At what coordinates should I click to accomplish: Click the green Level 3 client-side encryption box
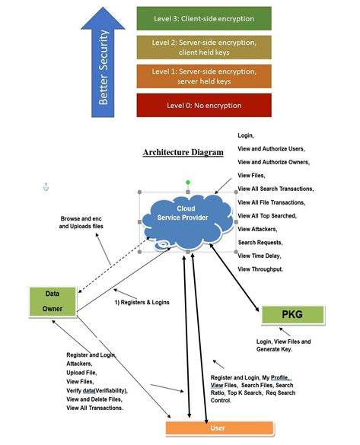click(204, 18)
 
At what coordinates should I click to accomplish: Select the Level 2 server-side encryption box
click(204, 47)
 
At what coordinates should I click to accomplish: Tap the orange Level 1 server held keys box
click(204, 76)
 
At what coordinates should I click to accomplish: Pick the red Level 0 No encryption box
click(204, 105)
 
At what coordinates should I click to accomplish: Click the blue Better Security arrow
click(103, 62)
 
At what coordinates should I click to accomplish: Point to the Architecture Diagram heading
click(183, 152)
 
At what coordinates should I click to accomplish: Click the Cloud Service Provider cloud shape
click(187, 223)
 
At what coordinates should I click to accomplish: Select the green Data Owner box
click(53, 301)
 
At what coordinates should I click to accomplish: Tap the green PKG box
click(293, 314)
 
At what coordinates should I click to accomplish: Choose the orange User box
click(220, 428)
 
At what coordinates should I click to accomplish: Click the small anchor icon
click(46, 187)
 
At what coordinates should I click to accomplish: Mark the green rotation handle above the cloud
click(188, 183)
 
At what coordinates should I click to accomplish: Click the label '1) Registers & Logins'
click(142, 303)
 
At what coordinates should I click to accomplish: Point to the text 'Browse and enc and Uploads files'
click(81, 222)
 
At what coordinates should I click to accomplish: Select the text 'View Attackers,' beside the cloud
click(257, 229)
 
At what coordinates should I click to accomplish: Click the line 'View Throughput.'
click(260, 269)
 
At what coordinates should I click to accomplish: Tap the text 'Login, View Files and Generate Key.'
click(283, 345)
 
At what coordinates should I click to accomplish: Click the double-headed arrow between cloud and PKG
click(234, 278)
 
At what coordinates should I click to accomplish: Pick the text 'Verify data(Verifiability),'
click(97, 390)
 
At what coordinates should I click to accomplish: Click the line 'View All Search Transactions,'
click(276, 189)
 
